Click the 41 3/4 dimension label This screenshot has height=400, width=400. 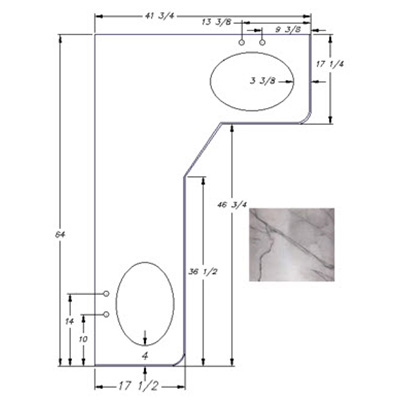(159, 16)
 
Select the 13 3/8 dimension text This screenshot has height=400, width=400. (217, 22)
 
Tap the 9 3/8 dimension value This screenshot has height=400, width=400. (288, 30)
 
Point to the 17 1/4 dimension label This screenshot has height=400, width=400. (330, 64)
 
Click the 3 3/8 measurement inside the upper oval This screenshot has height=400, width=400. (263, 81)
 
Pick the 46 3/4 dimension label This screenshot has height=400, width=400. (232, 205)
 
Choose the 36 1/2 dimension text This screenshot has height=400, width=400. (203, 272)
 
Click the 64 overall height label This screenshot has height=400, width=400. (60, 235)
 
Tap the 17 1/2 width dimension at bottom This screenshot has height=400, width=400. (138, 387)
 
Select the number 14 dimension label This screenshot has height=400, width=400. (69, 322)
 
